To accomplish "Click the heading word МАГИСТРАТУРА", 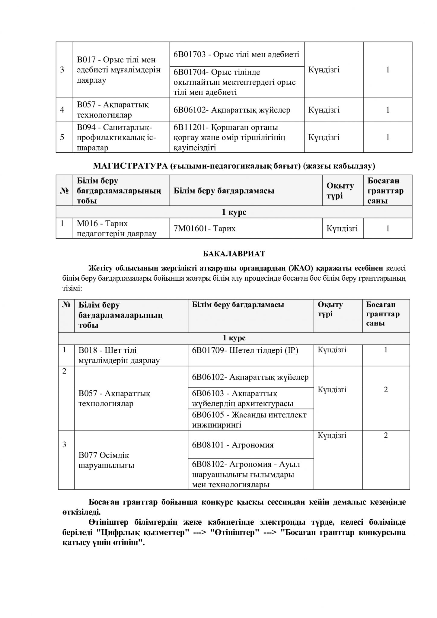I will (x=130, y=166).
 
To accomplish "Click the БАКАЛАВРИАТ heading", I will (x=234, y=254).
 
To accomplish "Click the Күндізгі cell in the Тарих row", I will (x=342, y=228).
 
